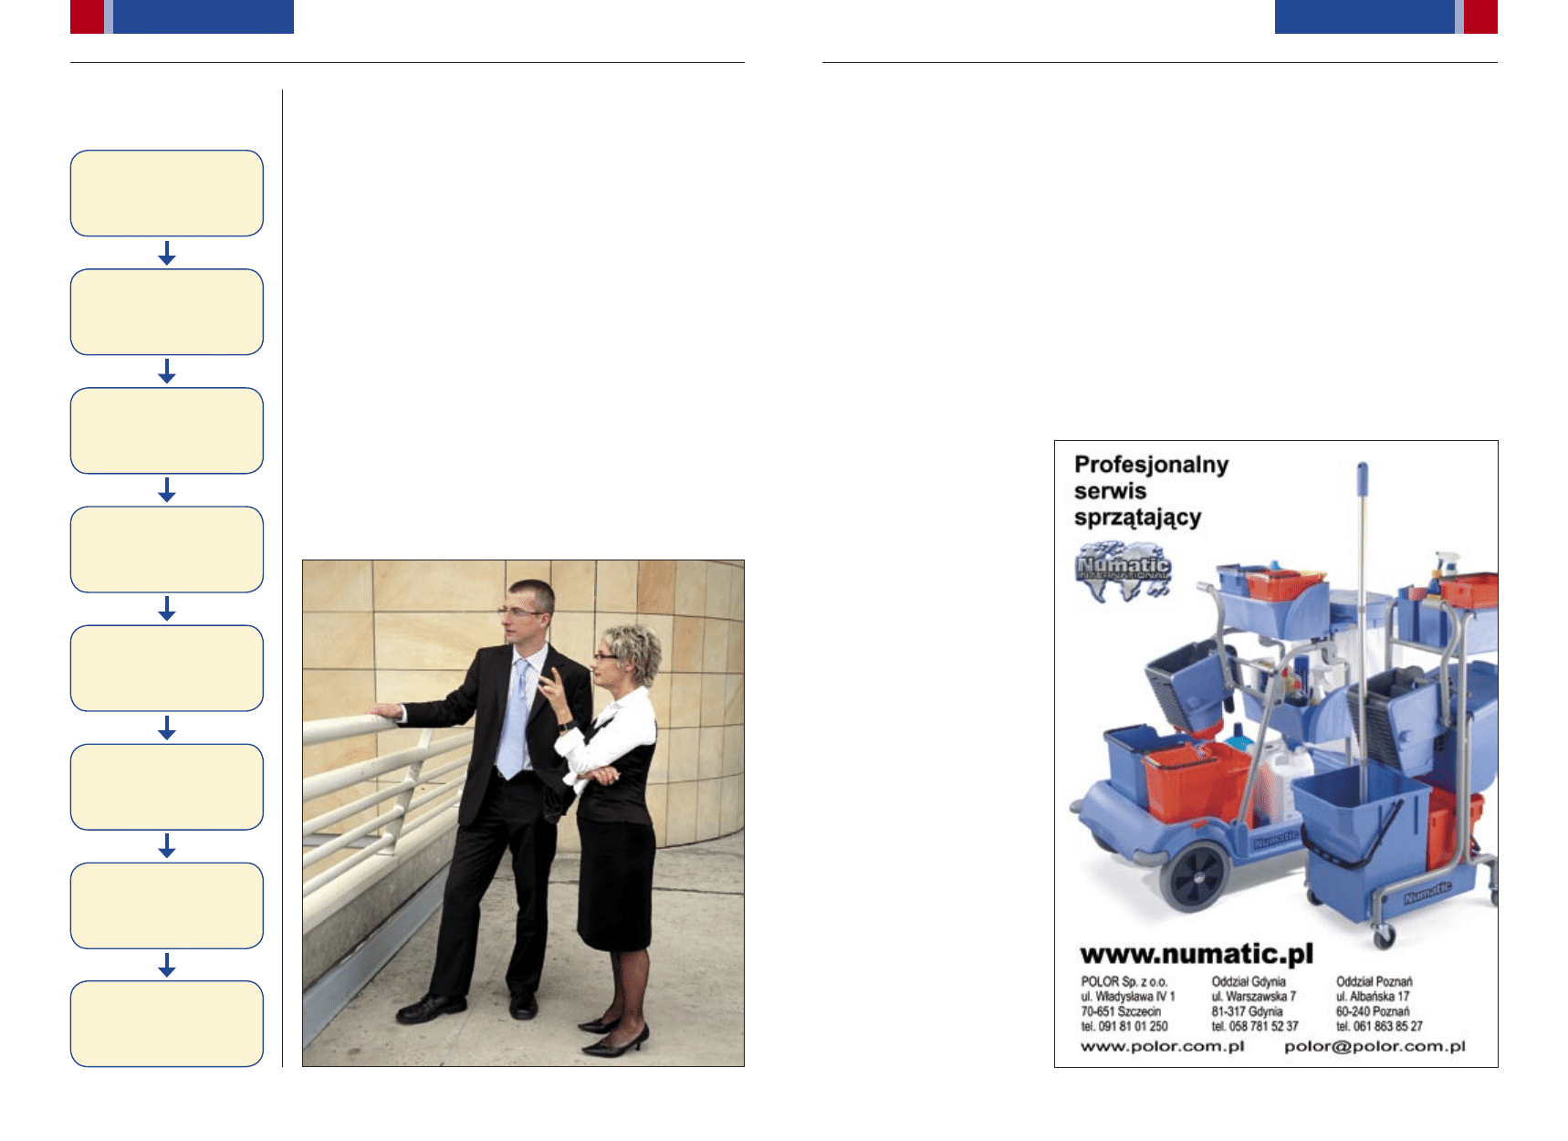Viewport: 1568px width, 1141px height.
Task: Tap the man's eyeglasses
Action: point(519,612)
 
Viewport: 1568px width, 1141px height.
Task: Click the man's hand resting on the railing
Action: point(388,711)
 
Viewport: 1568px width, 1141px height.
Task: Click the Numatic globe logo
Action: point(1123,571)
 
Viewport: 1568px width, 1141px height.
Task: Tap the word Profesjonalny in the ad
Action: point(1151,465)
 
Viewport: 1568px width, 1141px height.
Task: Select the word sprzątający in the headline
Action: point(1137,518)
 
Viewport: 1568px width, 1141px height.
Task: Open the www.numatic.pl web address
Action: point(1197,954)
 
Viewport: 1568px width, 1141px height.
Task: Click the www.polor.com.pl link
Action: point(1163,1046)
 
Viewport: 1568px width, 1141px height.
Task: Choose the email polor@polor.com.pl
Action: point(1375,1046)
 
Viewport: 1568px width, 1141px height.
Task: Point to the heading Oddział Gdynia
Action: point(1249,982)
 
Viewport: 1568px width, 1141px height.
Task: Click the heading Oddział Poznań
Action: point(1374,982)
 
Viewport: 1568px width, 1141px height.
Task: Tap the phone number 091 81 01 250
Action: point(1133,1027)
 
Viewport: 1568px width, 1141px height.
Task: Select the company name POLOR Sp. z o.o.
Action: point(1124,982)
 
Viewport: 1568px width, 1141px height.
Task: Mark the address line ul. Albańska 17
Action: point(1373,997)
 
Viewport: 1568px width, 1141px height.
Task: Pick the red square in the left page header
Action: point(87,16)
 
